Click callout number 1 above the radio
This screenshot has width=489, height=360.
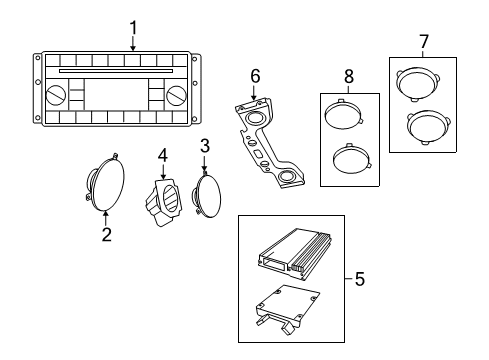pyautogui.click(x=133, y=27)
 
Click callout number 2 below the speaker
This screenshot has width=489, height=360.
pyautogui.click(x=106, y=235)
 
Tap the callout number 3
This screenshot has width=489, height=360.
pyautogui.click(x=204, y=146)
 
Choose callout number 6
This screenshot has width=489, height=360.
pyautogui.click(x=255, y=75)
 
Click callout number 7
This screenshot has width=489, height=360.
pyautogui.click(x=423, y=41)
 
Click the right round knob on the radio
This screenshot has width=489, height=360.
pyautogui.click(x=177, y=96)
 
